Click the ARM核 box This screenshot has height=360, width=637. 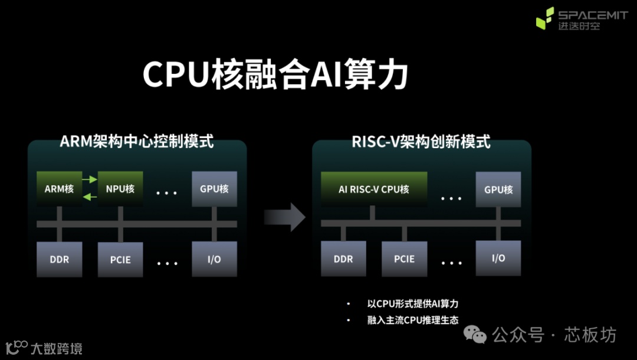pos(59,189)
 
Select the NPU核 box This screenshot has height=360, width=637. pos(120,189)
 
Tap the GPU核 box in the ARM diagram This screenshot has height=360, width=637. pos(214,189)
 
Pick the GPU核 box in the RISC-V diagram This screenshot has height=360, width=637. pos(498,189)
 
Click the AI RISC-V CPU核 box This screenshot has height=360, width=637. pos(374,189)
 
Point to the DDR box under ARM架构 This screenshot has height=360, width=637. pos(59,259)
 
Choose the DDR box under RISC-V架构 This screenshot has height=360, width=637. pos(343,259)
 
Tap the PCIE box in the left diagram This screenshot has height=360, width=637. pos(120,259)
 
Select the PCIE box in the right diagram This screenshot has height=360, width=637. pos(404,259)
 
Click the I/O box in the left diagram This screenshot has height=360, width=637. pos(214,259)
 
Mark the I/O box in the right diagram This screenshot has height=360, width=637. pos(498,258)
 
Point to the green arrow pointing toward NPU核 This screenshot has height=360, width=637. pos(90,179)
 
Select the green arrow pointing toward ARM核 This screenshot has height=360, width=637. pos(90,197)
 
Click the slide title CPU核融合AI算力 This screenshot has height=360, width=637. pos(275,76)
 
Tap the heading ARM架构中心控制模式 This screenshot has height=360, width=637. pos(137,142)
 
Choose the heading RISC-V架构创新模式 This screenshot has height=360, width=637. pos(421,142)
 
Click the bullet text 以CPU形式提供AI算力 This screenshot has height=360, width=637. pos(412,304)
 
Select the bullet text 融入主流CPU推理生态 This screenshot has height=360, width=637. pos(412,320)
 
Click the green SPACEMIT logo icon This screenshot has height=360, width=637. pos(544,18)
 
